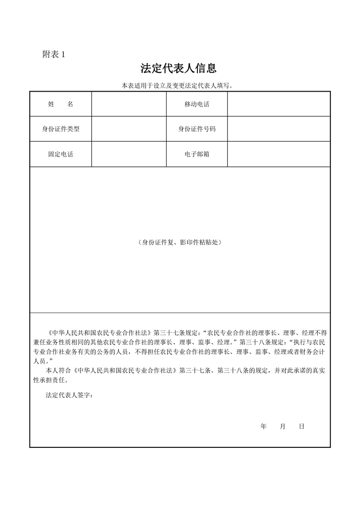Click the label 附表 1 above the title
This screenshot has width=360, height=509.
[x=54, y=54]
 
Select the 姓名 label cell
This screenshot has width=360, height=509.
[x=60, y=104]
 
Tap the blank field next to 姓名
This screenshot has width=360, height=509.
[x=129, y=104]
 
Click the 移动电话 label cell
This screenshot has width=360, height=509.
[x=197, y=104]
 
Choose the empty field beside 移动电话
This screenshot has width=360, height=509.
[x=278, y=104]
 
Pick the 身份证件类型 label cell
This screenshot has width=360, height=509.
[x=60, y=129]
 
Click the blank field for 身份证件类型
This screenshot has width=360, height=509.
[x=129, y=129]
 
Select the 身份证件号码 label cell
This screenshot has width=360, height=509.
[x=197, y=129]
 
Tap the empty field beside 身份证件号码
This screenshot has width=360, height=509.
[x=278, y=129]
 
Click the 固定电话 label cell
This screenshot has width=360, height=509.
[x=60, y=154]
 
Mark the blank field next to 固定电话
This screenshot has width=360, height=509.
[x=129, y=154]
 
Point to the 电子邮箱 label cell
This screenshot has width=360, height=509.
[x=197, y=154]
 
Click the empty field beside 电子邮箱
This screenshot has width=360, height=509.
[x=278, y=154]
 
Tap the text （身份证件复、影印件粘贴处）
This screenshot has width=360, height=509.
[x=180, y=242]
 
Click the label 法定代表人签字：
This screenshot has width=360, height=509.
[x=69, y=395]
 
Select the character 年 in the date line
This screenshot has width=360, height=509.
[x=263, y=426]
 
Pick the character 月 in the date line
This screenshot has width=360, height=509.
[x=282, y=426]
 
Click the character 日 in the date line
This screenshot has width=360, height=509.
[x=301, y=426]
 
